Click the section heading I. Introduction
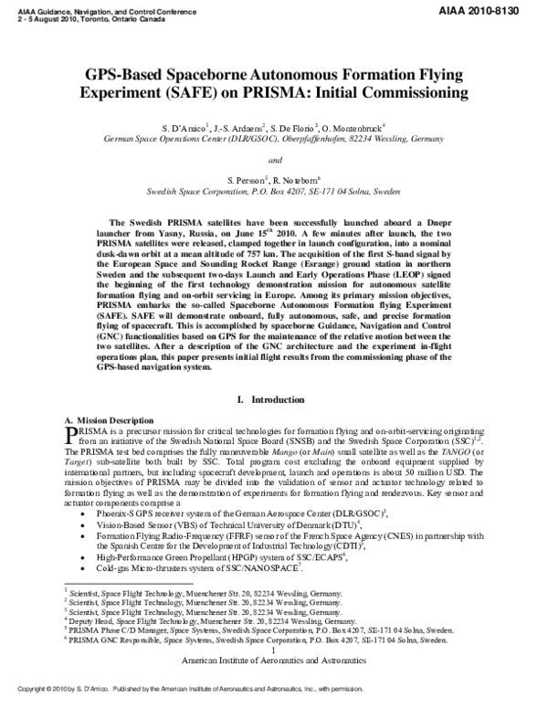[274, 399]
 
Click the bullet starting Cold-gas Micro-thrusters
[205, 568]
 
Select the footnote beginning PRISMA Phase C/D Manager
[263, 630]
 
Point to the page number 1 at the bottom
[274, 650]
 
